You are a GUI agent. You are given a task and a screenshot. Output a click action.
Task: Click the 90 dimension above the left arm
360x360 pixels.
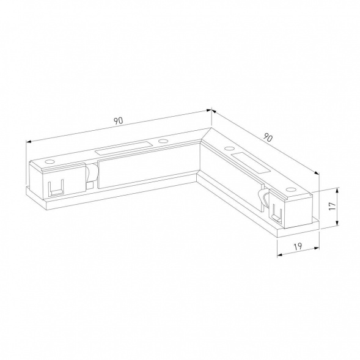coord(118,120)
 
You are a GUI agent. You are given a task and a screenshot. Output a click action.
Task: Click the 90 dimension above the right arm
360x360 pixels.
coord(267,138)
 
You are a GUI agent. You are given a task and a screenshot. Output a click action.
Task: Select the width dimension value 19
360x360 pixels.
coord(298,246)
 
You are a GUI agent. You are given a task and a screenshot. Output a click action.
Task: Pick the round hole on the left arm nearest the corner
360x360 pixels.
coord(162,141)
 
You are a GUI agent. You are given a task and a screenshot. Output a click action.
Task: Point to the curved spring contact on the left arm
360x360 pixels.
coord(92,174)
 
